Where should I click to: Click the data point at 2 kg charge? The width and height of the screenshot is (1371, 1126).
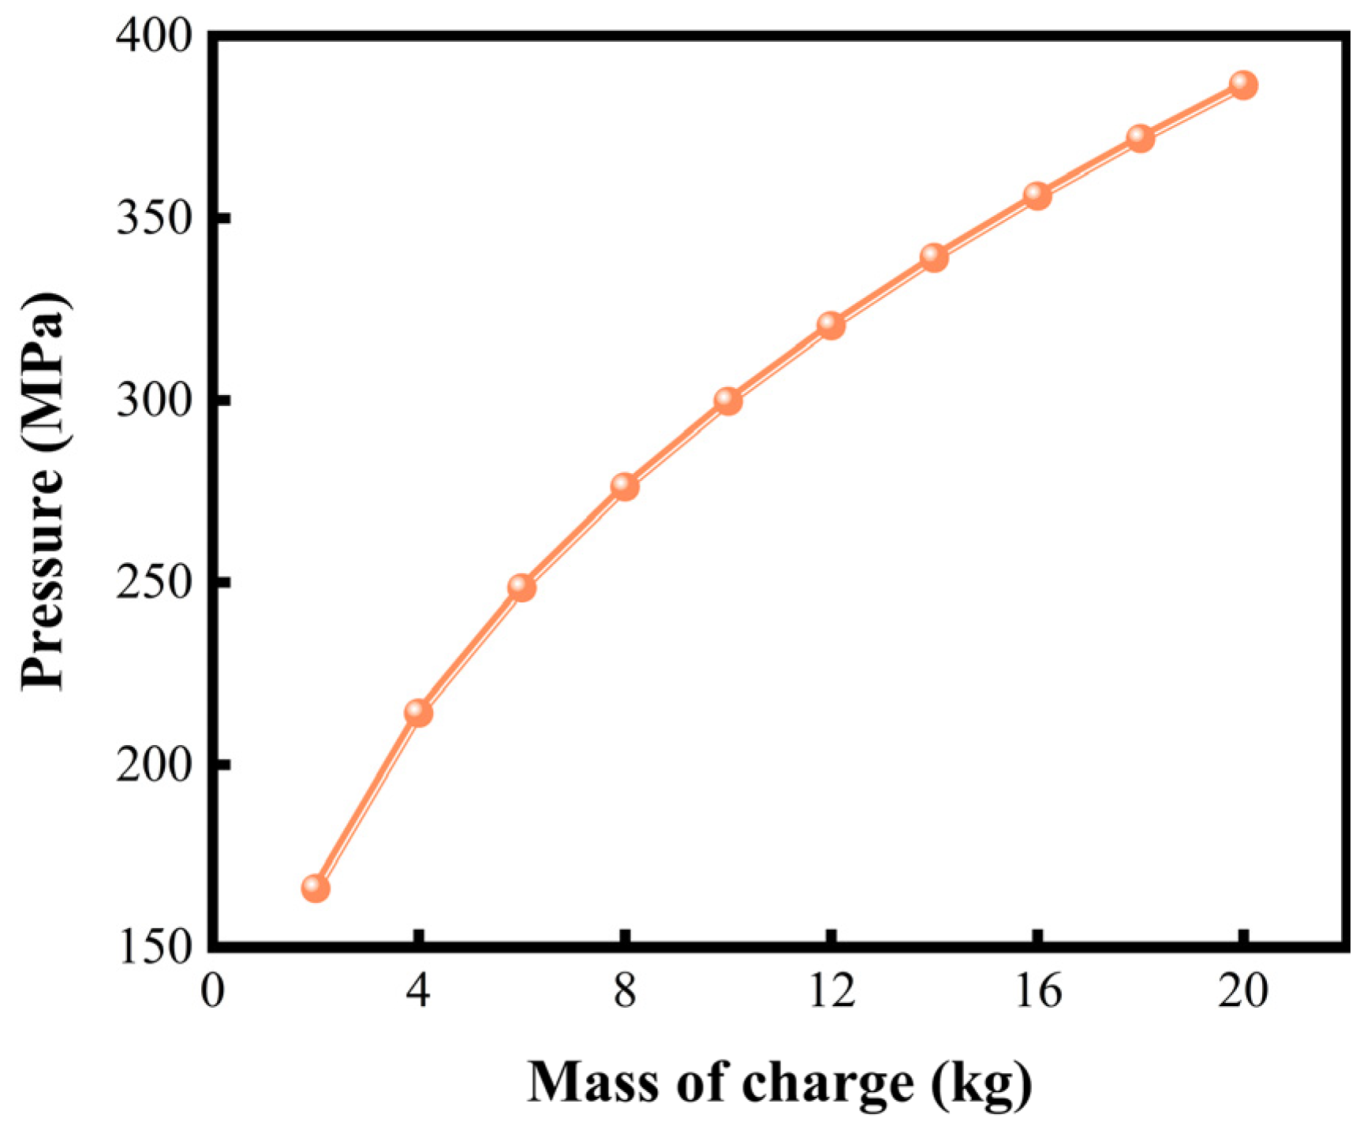coord(315,889)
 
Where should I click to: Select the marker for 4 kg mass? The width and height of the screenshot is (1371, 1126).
coord(418,713)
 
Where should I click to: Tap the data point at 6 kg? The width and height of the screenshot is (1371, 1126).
coord(521,587)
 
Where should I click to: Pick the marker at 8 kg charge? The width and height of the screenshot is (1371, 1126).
coord(625,487)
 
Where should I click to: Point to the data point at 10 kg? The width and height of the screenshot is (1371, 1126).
coord(728,401)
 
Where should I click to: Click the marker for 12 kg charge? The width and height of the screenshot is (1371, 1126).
coord(831,324)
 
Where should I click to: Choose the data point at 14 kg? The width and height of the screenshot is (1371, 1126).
coord(934,257)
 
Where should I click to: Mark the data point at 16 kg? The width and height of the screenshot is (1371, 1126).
coord(1037,196)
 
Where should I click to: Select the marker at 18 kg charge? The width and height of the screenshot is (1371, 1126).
coord(1141,138)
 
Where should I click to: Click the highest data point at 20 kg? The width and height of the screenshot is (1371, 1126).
coord(1243,84)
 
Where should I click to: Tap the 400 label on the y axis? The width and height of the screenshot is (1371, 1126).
coord(155,37)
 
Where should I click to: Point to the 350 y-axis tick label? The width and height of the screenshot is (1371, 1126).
coord(155,218)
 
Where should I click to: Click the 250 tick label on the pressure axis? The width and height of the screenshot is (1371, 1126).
coord(155,583)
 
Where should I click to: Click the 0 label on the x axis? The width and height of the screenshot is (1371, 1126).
coord(212,991)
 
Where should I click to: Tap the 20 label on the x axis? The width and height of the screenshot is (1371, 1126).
coord(1243,991)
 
